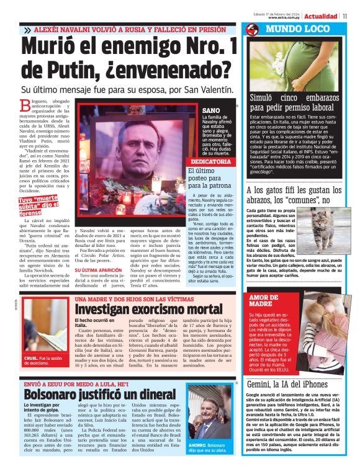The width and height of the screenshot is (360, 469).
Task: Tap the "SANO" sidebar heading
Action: point(212,110)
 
